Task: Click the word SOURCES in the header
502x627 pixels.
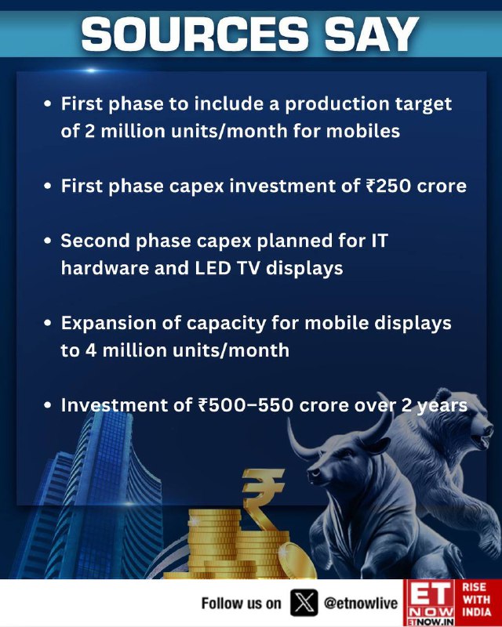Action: coord(195,34)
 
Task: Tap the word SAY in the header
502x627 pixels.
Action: coord(372,34)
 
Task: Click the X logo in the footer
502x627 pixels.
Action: coord(304,603)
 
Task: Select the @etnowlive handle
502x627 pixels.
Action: coord(361,603)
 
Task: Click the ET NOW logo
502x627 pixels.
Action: coord(430,603)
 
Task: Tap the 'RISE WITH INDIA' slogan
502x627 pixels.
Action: coord(477,600)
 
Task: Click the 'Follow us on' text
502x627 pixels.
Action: coord(242,603)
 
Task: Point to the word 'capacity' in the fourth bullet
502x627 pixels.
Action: coord(226,324)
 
